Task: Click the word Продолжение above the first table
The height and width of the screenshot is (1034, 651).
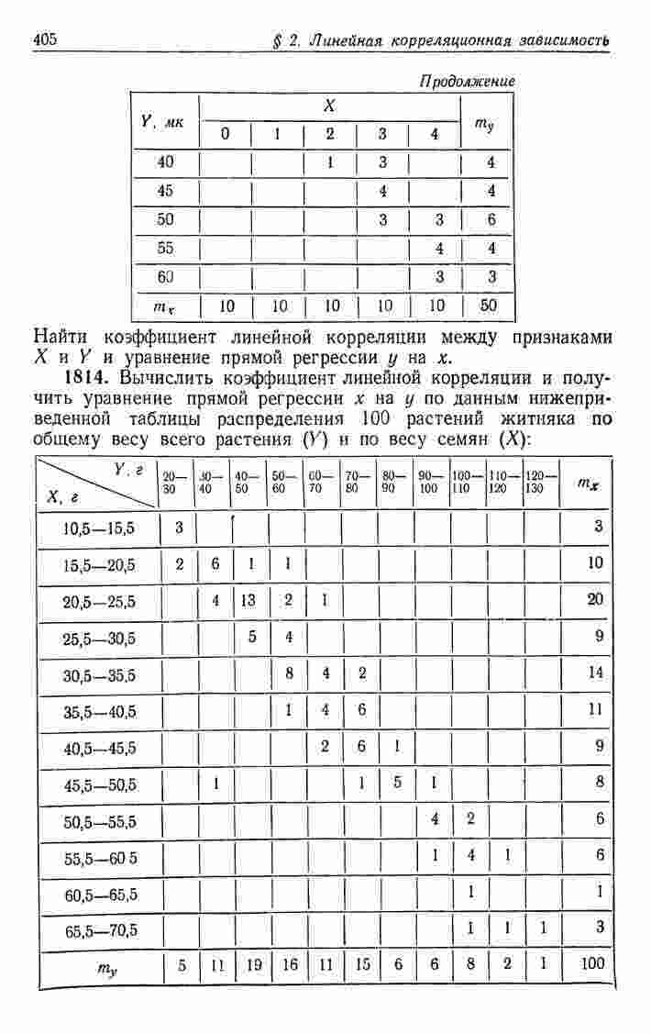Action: tap(467, 82)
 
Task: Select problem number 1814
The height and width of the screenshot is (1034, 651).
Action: tap(88, 378)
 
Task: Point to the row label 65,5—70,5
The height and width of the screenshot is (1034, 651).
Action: tap(99, 929)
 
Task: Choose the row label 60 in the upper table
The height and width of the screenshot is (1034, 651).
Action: tap(166, 276)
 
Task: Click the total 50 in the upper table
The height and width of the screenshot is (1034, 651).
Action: tap(489, 306)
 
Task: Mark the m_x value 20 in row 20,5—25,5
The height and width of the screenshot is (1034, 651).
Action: tap(595, 601)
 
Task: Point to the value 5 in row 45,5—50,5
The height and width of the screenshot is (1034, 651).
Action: tap(397, 783)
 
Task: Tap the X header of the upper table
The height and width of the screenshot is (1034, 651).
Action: tap(329, 106)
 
